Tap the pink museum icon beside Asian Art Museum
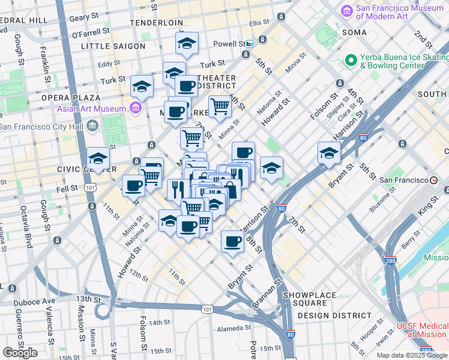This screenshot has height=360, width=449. (x=135, y=109)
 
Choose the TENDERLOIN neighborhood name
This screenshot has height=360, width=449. (x=156, y=23)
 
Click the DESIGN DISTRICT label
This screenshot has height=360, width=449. (x=334, y=316)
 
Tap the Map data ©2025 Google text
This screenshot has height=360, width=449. (x=412, y=355)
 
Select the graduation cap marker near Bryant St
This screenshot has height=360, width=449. (x=329, y=153)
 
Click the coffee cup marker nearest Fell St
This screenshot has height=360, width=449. (x=133, y=185)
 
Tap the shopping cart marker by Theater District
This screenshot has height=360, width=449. (x=220, y=106)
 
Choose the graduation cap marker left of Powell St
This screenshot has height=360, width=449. (x=187, y=43)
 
